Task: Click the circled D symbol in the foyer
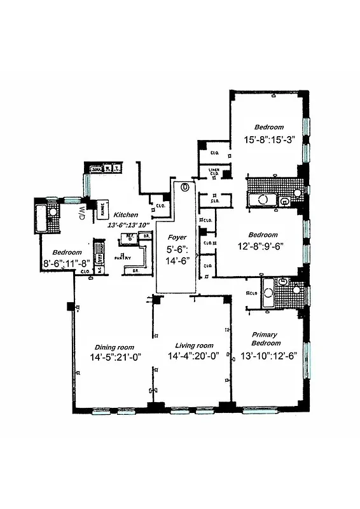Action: (x=185, y=187)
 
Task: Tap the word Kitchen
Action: (x=125, y=215)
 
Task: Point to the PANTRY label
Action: (x=123, y=258)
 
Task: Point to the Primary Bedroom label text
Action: (x=265, y=338)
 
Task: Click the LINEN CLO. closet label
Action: (x=214, y=171)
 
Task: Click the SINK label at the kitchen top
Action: (x=97, y=169)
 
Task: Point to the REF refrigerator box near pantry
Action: (x=129, y=236)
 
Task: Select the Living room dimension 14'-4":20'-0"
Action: (x=194, y=357)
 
